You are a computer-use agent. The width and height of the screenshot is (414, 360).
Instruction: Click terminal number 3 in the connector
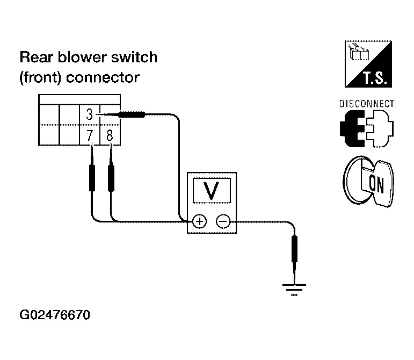90,114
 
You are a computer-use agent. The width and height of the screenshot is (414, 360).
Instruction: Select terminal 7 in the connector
90,135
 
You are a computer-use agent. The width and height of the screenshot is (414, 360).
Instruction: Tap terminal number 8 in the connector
110,135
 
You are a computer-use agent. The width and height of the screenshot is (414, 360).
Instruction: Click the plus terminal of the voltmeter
199,221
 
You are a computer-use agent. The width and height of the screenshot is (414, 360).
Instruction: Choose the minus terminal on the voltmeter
223,221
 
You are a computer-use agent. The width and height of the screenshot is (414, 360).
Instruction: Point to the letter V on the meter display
212,191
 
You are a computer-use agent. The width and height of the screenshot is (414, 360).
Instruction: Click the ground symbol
294,290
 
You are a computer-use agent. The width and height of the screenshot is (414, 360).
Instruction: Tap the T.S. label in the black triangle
375,78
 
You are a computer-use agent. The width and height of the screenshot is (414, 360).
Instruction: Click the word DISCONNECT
367,104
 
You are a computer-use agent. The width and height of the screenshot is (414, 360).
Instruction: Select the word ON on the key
376,184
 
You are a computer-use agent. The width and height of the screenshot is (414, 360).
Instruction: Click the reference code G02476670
55,315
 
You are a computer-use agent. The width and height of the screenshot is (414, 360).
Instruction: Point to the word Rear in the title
37,57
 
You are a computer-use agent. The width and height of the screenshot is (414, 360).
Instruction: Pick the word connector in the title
103,78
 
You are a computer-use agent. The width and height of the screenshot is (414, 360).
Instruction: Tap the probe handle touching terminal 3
132,114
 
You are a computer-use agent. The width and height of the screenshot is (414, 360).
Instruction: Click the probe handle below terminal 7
92,178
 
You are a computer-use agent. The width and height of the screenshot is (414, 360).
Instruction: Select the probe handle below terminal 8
111,178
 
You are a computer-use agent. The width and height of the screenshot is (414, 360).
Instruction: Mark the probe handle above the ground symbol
294,249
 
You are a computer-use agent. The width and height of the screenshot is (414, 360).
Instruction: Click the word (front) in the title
40,78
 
